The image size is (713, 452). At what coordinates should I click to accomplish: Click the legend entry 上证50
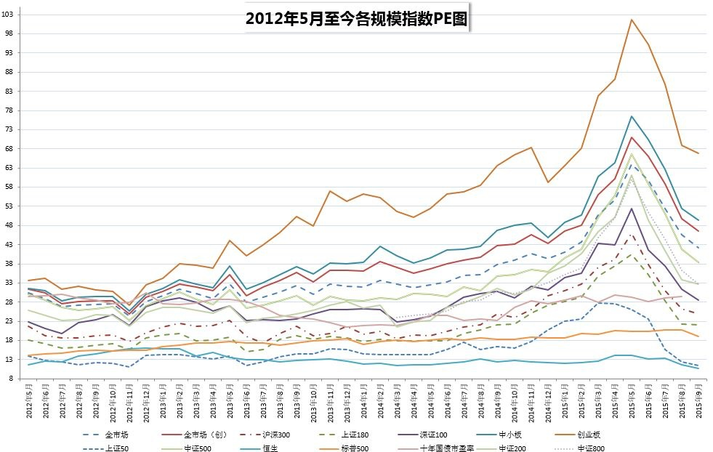click(116, 448)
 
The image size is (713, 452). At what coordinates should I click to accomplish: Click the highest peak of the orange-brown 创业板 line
click(632, 20)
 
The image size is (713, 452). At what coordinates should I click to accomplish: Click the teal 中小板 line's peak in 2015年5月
click(632, 116)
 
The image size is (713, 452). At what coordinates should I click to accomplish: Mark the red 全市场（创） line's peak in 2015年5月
click(632, 137)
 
